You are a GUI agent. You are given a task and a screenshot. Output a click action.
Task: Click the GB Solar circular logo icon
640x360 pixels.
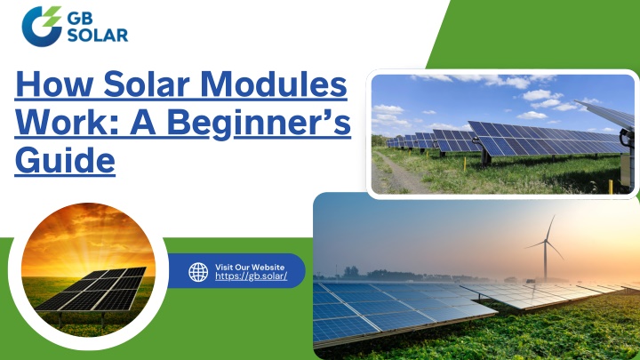[x=42, y=26]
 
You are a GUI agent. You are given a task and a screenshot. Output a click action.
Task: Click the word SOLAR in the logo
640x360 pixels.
[x=98, y=35]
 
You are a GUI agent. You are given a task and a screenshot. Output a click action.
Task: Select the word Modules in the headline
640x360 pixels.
[x=274, y=84]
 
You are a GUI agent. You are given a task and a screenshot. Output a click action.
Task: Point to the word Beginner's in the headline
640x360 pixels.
[x=259, y=124]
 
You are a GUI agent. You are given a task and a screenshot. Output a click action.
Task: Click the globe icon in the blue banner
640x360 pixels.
[x=198, y=272]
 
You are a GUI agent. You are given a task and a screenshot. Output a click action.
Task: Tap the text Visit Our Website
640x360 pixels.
[x=250, y=268]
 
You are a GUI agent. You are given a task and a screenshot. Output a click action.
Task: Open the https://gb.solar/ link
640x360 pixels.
[x=251, y=276]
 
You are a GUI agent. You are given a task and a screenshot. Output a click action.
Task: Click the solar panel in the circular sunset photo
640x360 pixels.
[x=91, y=290]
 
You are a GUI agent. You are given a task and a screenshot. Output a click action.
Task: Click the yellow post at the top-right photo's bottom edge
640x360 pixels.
[x=611, y=187]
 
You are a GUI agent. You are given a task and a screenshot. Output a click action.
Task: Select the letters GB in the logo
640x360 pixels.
[x=80, y=19]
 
